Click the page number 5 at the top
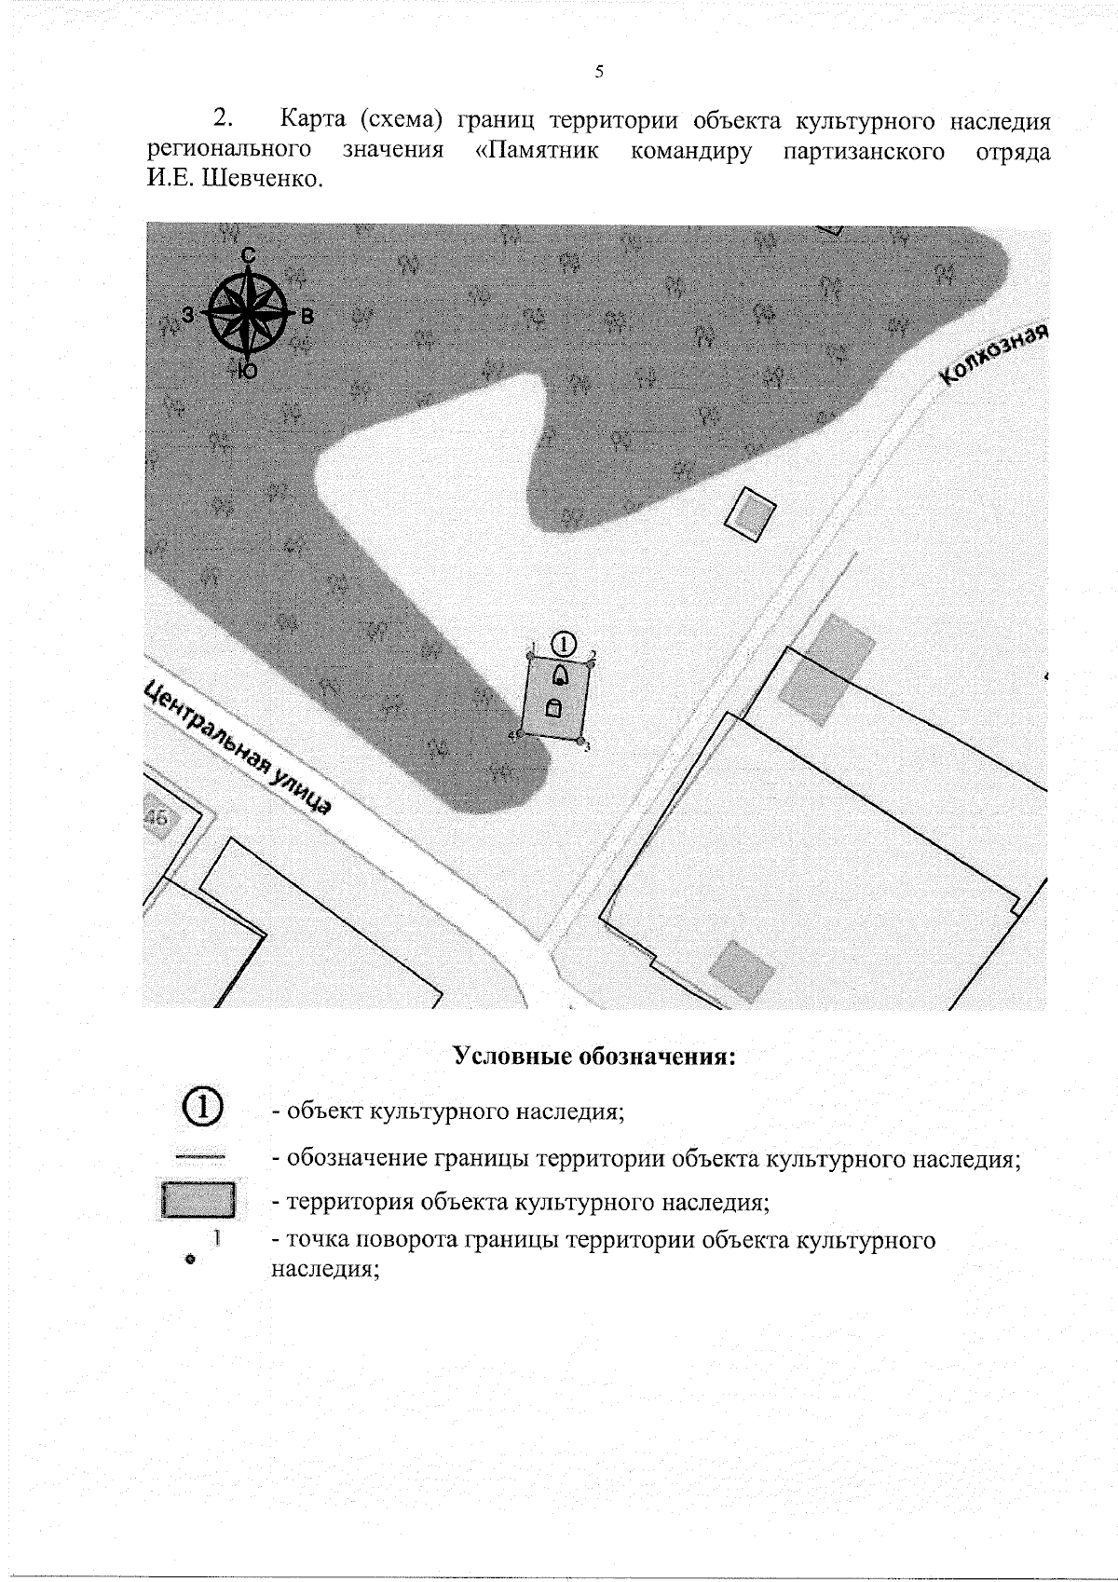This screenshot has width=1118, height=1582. (599, 72)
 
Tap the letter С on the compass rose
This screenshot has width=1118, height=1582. (248, 254)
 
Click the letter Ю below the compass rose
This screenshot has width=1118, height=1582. (247, 371)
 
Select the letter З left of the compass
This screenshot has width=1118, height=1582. (188, 315)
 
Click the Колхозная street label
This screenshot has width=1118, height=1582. (995, 354)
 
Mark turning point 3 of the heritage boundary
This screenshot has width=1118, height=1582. (580, 742)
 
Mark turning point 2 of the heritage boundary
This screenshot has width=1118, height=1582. (591, 663)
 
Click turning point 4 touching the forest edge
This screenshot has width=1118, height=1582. (520, 734)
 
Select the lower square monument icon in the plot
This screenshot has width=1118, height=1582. (553, 708)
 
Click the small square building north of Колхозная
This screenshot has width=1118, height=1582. (751, 511)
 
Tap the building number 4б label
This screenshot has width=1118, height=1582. (157, 818)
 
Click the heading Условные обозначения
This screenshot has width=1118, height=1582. (594, 1057)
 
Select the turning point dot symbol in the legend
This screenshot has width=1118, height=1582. (190, 1259)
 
